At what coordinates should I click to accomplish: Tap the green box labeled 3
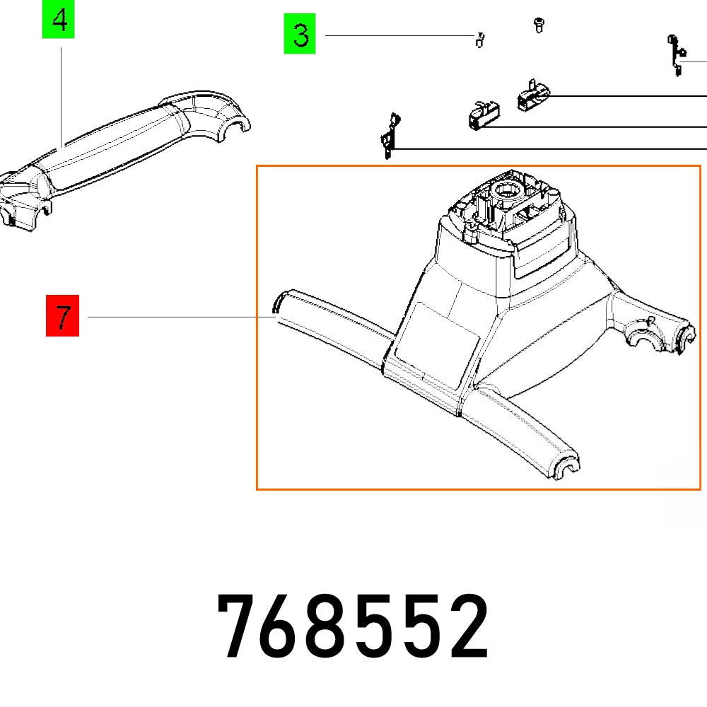click(x=300, y=35)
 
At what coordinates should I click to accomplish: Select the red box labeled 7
click(x=63, y=316)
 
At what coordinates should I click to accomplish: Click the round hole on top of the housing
click(x=507, y=189)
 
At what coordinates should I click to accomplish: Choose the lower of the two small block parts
click(x=482, y=114)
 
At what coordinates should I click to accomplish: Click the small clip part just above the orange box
click(x=389, y=138)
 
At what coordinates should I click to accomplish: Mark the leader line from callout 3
click(x=396, y=36)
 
